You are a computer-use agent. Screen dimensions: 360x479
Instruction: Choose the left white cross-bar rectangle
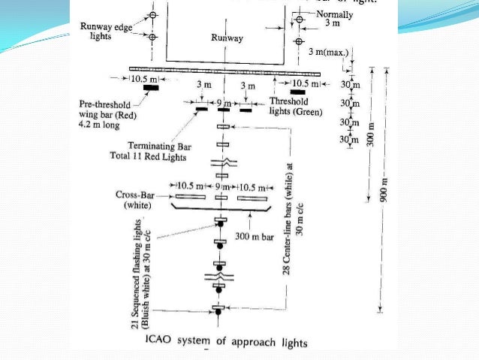(191, 198)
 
